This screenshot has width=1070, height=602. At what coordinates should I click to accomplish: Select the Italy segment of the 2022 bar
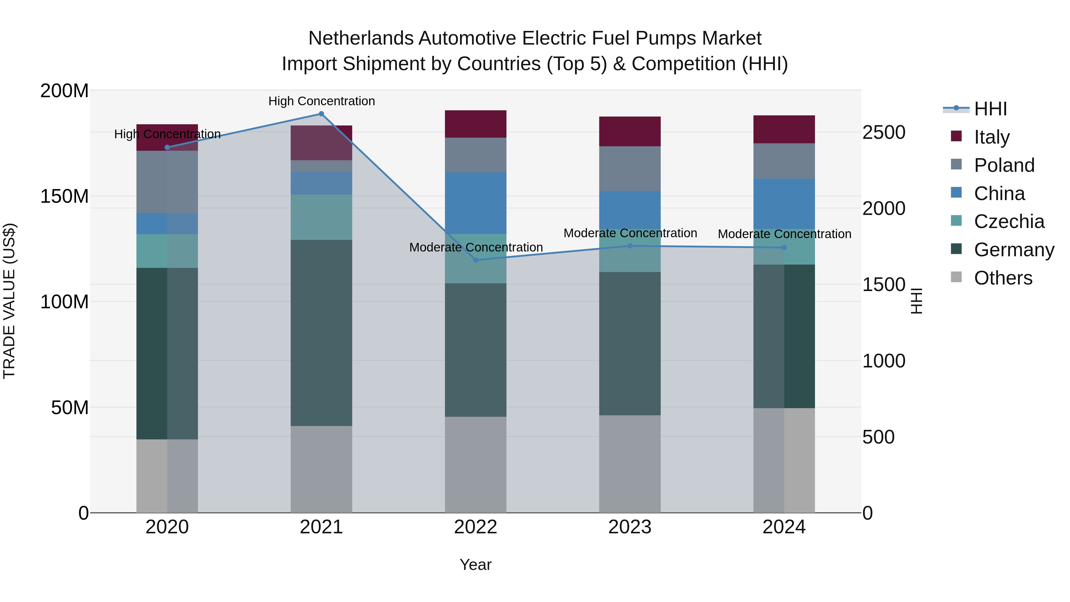pyautogui.click(x=476, y=124)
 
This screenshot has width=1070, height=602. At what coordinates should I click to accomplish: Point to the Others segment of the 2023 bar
pyautogui.click(x=630, y=464)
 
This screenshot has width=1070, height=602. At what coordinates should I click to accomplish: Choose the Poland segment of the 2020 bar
pyautogui.click(x=167, y=182)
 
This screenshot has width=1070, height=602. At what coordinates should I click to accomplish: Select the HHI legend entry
pyautogui.click(x=990, y=109)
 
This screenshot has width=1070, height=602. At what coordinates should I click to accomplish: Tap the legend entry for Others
pyautogui.click(x=1003, y=278)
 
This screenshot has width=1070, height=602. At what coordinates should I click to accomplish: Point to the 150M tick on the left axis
pyautogui.click(x=64, y=196)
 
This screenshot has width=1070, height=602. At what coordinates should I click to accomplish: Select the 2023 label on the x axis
pyautogui.click(x=630, y=527)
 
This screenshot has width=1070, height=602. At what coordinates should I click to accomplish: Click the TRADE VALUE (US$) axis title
pyautogui.click(x=9, y=301)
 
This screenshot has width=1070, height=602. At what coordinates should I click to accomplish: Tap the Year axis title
pyautogui.click(x=476, y=565)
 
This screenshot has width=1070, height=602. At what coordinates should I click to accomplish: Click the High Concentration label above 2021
pyautogui.click(x=322, y=101)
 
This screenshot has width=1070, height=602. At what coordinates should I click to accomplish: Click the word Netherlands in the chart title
pyautogui.click(x=361, y=38)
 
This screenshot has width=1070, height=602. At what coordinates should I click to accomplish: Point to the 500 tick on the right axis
pyautogui.click(x=878, y=437)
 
